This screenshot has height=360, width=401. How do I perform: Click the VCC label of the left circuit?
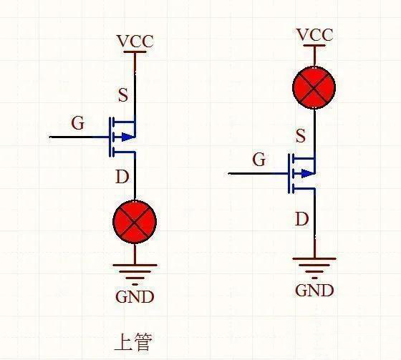click(135, 42)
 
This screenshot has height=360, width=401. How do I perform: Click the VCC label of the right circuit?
click(314, 35)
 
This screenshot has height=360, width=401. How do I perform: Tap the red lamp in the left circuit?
click(135, 222)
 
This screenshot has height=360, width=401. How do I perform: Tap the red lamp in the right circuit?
click(314, 88)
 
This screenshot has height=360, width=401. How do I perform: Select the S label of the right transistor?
click(301, 136)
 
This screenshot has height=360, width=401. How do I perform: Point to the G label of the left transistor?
click(77, 124)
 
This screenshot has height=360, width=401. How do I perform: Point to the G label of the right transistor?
click(259, 160)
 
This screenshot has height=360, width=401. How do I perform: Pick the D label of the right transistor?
click(301, 218)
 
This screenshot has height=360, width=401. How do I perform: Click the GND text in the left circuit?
click(135, 296)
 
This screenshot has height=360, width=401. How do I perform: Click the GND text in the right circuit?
click(314, 290)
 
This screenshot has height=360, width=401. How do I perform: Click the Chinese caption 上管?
click(133, 341)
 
